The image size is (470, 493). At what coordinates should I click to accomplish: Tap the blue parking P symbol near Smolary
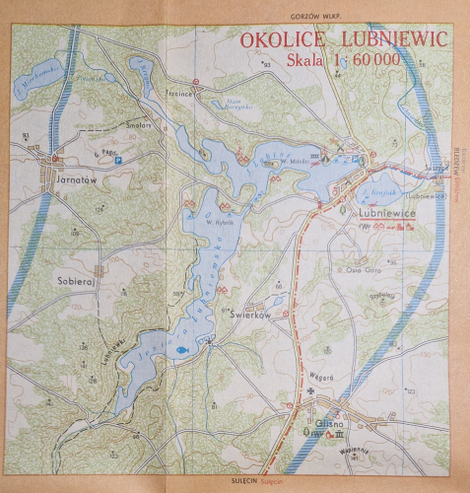pos(119,160)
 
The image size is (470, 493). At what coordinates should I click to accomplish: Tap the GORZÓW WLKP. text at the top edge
pos(311,17)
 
